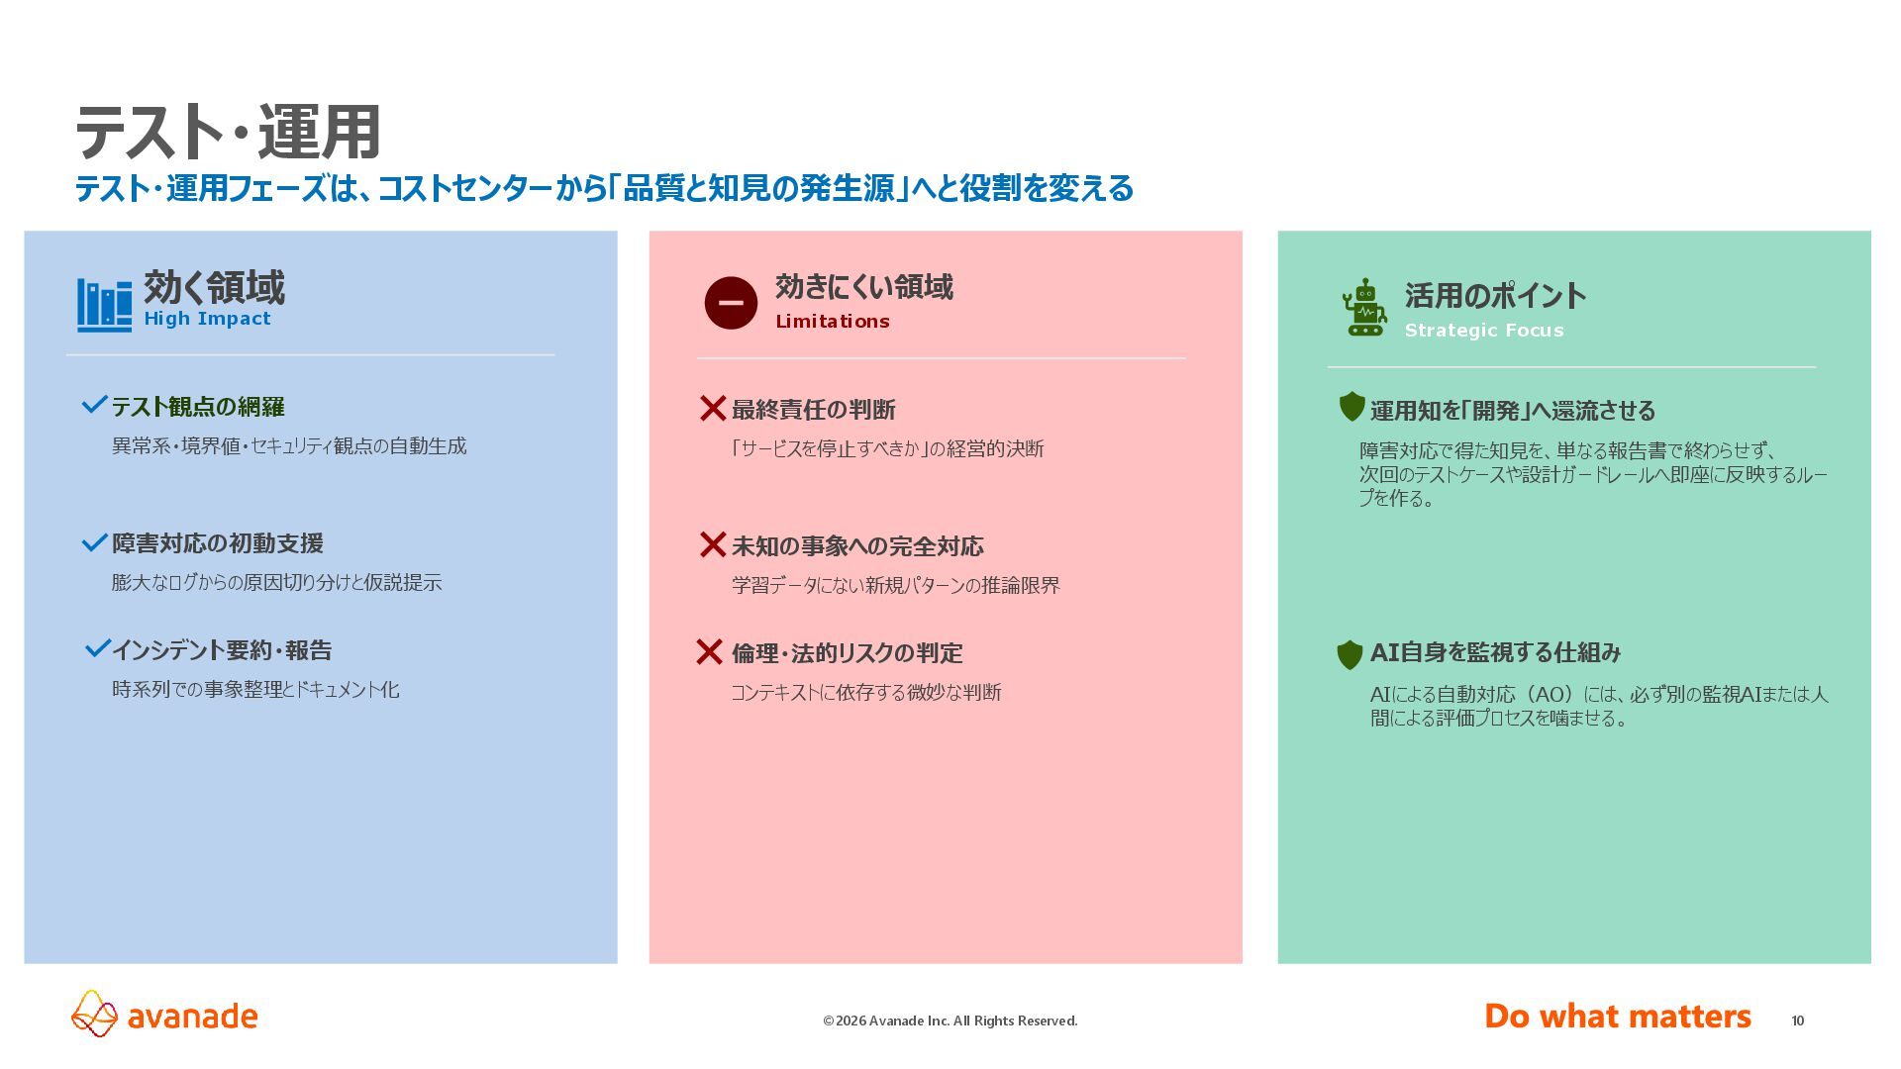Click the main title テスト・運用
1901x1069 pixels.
[228, 133]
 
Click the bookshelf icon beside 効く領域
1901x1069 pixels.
[104, 305]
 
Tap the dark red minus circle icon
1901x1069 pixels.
[731, 303]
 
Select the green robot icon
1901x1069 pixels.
[1364, 308]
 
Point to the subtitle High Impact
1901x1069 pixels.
[207, 319]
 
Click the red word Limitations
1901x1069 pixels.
[832, 322]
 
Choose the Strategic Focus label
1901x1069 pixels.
[1483, 331]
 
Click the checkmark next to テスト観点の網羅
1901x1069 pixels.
[94, 405]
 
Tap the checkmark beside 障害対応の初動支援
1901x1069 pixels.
[94, 542]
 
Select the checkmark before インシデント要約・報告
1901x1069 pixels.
[97, 648]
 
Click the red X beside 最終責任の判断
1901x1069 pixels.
[713, 408]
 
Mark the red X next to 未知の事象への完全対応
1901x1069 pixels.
[713, 544]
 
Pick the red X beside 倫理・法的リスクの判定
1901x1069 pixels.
[709, 651]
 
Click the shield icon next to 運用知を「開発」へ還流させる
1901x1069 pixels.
[1351, 407]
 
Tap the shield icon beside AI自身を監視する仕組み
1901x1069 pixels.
[1350, 654]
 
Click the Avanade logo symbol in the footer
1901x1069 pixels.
[95, 1014]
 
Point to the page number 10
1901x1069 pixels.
[1797, 1020]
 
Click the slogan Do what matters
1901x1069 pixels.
[1617, 1017]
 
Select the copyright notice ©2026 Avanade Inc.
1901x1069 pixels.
[950, 1020]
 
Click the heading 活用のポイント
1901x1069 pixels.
[1495, 296]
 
